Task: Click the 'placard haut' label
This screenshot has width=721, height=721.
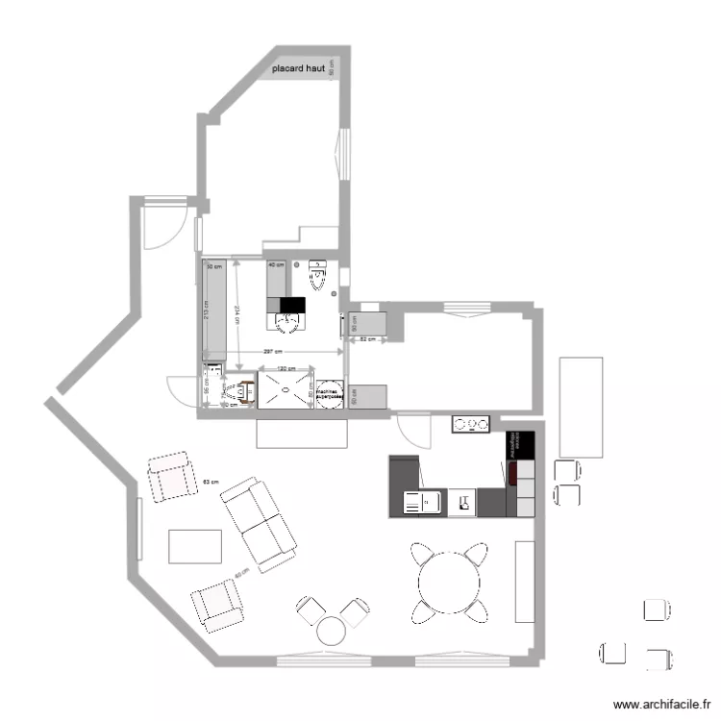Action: click(299, 69)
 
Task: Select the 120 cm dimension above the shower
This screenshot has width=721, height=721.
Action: click(286, 368)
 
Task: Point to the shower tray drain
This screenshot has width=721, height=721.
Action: click(286, 389)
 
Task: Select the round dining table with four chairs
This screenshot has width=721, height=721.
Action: click(448, 580)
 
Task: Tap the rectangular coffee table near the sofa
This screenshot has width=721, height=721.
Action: click(196, 546)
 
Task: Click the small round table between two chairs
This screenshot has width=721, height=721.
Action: click(332, 631)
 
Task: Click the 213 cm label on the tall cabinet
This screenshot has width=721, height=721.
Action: click(206, 312)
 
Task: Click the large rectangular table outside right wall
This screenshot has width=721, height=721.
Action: click(582, 407)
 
